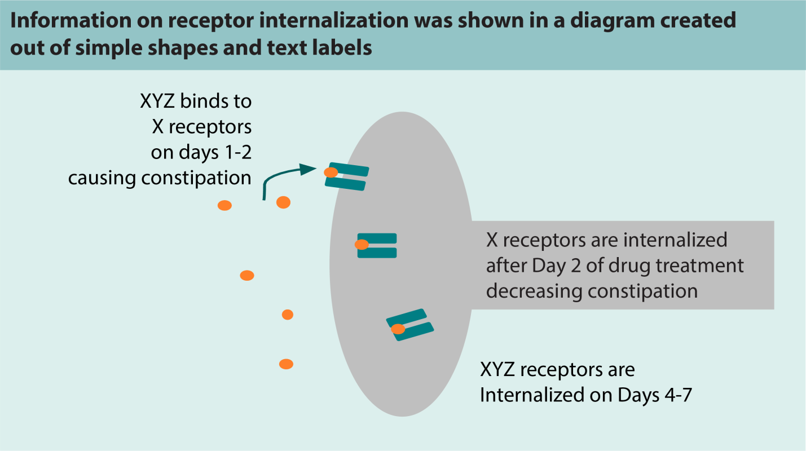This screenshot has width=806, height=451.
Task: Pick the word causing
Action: pos(102,178)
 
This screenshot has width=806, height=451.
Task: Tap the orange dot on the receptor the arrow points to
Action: pos(331,172)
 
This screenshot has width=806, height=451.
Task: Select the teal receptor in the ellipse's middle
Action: pos(377,246)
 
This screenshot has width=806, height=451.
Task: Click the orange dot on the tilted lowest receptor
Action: pos(398,329)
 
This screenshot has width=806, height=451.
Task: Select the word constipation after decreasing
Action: pos(643,291)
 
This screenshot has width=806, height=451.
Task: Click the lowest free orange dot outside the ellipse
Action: pos(287,364)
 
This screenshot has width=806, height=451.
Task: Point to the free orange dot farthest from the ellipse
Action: pos(225,206)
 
